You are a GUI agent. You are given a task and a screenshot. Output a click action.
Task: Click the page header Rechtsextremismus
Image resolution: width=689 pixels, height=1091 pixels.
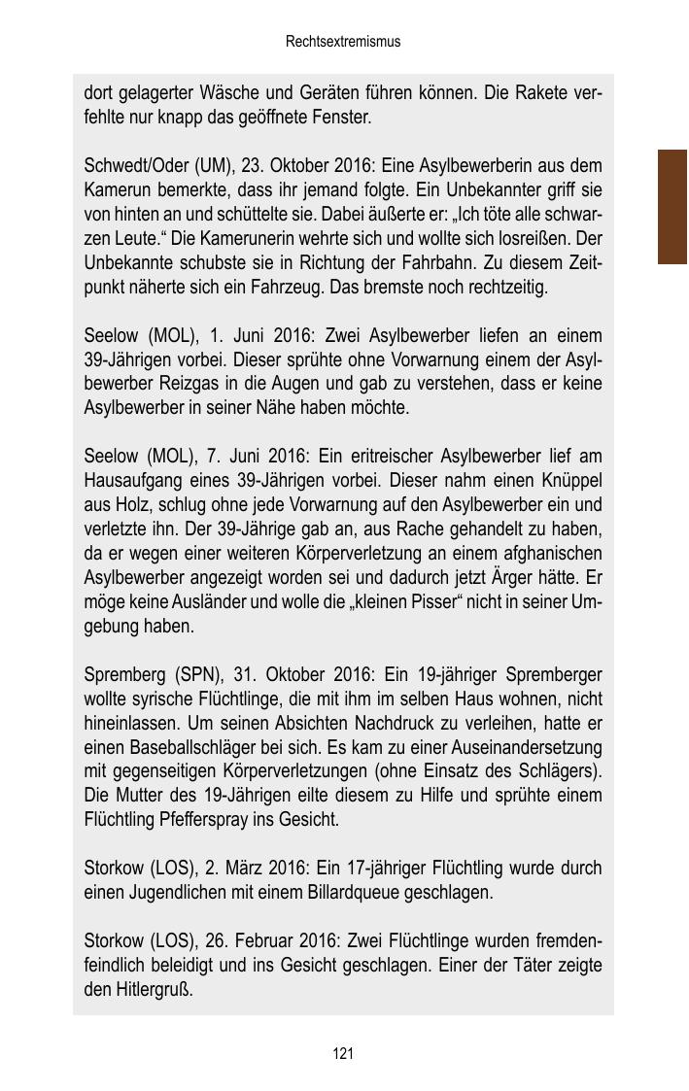[343, 42]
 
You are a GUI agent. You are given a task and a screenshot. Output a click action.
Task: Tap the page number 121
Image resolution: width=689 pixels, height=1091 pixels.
[342, 1054]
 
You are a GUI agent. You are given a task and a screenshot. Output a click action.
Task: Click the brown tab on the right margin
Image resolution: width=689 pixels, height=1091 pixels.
[672, 207]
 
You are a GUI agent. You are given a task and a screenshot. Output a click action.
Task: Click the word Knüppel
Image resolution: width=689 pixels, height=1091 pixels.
[567, 481]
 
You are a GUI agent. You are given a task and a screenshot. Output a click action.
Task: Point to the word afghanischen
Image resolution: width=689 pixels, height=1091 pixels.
[553, 554]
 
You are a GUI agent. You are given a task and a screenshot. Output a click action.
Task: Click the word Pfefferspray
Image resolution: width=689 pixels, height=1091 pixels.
[205, 819]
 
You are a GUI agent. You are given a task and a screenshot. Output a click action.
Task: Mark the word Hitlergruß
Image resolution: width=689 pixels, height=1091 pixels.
[152, 989]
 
